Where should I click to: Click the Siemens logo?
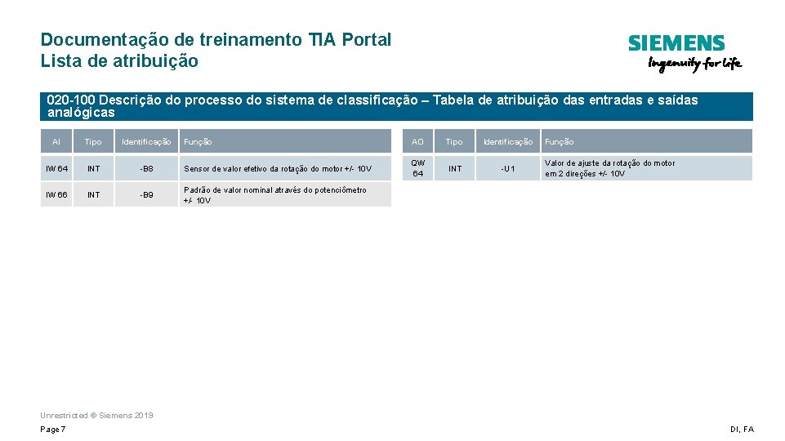tap(676, 43)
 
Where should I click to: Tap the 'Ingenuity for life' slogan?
tap(694, 64)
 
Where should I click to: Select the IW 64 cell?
tap(56, 168)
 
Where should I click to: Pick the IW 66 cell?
tap(56, 194)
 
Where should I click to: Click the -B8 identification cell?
tap(146, 168)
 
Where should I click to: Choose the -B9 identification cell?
tap(146, 194)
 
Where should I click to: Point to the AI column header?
tap(56, 141)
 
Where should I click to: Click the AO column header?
tap(418, 141)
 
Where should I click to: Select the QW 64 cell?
tap(418, 168)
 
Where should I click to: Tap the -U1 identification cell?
tap(508, 168)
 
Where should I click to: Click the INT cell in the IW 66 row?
tap(94, 194)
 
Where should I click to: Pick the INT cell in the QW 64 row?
tap(455, 168)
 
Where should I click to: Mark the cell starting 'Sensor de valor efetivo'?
tap(278, 169)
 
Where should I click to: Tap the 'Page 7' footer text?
tap(53, 430)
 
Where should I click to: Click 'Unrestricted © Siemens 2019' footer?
tap(96, 415)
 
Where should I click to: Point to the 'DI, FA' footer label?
tap(742, 430)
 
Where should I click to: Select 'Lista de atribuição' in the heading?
tap(119, 60)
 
